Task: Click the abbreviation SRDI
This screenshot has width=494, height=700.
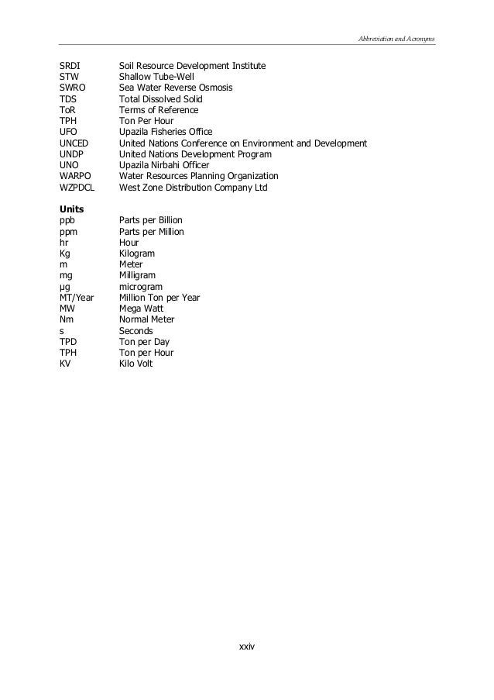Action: point(70,67)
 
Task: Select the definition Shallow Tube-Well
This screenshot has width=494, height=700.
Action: point(156,78)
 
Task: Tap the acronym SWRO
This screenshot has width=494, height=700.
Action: point(73,88)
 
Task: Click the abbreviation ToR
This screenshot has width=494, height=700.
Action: point(67,110)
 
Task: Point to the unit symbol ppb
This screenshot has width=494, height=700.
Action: point(68,220)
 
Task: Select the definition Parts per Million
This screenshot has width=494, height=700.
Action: point(152,232)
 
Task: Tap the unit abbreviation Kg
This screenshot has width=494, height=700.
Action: point(65,253)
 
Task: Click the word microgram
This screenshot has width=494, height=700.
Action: point(141,286)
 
